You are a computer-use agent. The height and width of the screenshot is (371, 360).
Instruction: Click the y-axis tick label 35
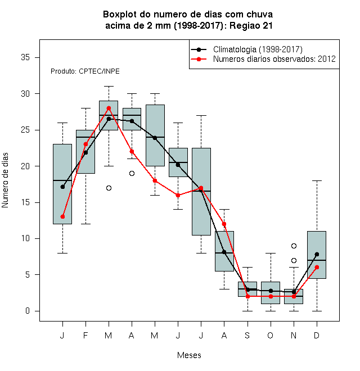tap(25, 57)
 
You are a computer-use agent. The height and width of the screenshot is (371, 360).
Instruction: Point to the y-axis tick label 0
tap(28, 311)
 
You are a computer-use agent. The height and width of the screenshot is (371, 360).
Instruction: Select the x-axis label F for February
tap(85, 335)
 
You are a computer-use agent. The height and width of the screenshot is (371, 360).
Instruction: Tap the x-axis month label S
tap(247, 335)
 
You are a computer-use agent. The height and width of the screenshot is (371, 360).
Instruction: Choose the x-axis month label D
tap(317, 335)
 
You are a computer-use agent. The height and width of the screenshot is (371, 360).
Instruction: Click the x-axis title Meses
tap(189, 355)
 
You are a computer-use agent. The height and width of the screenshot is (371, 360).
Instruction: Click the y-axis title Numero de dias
tap(5, 180)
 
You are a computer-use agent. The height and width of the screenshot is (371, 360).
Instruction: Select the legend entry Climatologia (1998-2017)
tap(258, 49)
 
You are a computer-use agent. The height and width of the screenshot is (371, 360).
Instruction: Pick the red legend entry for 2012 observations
tap(274, 59)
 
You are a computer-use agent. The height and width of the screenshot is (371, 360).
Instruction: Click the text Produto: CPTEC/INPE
tap(85, 71)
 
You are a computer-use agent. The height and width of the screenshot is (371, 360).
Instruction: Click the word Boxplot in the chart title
tap(120, 15)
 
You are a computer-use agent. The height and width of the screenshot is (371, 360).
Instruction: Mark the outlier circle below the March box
tap(109, 188)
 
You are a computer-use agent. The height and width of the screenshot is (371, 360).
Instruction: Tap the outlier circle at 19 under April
tap(132, 174)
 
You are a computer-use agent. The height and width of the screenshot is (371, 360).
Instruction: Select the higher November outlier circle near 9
tap(294, 246)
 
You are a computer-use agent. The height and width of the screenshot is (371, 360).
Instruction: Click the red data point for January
tap(62, 216)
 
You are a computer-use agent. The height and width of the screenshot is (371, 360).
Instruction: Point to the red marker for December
tap(317, 268)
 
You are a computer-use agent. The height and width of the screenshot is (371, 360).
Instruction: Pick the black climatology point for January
tap(62, 187)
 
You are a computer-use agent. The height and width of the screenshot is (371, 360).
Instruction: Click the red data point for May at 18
tap(155, 181)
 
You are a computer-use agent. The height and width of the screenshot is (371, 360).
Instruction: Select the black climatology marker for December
tap(317, 254)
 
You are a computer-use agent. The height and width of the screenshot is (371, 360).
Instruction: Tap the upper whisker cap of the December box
tap(317, 181)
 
